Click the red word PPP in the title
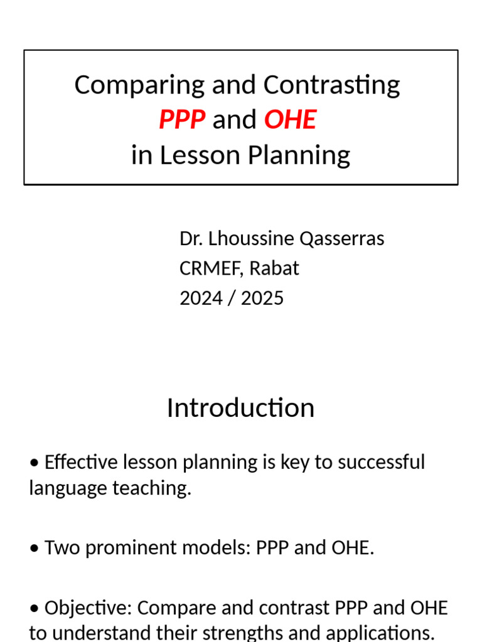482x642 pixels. pos(182,119)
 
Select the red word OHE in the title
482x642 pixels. pos(290,119)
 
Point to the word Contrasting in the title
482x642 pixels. pos(331,85)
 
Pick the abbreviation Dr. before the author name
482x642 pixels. pos(190,239)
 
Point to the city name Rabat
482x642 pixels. pos(274,268)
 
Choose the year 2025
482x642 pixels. pos(262,298)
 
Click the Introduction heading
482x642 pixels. pos(240,408)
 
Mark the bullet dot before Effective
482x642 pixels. pos(34,463)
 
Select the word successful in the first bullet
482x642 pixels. pos(382,463)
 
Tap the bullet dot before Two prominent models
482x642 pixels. pos(34,549)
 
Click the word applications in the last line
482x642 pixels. pos(380,631)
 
